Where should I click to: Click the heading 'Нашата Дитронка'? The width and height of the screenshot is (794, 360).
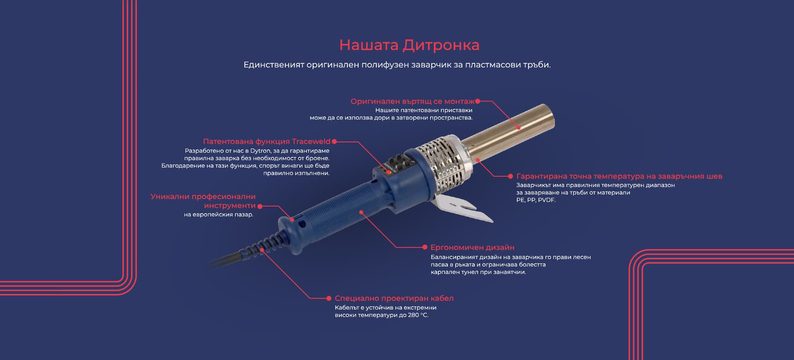click(409, 45)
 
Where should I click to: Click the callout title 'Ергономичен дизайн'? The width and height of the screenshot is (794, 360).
click(472, 247)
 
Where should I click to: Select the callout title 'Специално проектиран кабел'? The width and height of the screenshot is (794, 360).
click(394, 298)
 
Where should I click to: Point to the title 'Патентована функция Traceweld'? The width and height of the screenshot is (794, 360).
click(267, 142)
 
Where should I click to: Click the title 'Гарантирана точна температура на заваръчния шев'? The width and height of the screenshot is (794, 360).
click(619, 176)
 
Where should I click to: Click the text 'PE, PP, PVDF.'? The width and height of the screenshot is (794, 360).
click(536, 200)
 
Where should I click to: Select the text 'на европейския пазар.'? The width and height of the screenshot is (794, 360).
click(218, 215)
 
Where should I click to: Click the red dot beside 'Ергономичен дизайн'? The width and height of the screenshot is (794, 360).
click(425, 247)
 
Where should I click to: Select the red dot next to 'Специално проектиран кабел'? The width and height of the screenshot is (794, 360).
click(329, 298)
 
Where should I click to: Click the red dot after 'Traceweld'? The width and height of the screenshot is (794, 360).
click(334, 142)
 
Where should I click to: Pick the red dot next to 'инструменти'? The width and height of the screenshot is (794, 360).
click(260, 206)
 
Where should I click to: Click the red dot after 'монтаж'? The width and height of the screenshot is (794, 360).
click(478, 101)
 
